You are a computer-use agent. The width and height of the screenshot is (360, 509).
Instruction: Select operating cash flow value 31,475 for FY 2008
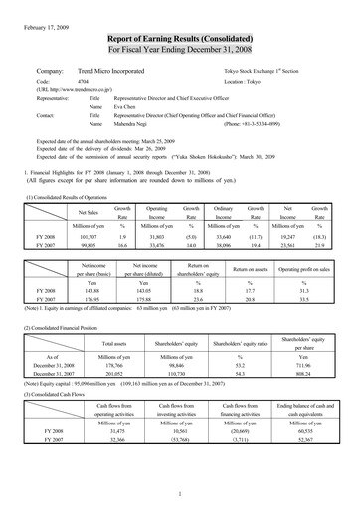tap(102, 430)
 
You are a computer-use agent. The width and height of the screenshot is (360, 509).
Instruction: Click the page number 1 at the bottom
tap(179, 493)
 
